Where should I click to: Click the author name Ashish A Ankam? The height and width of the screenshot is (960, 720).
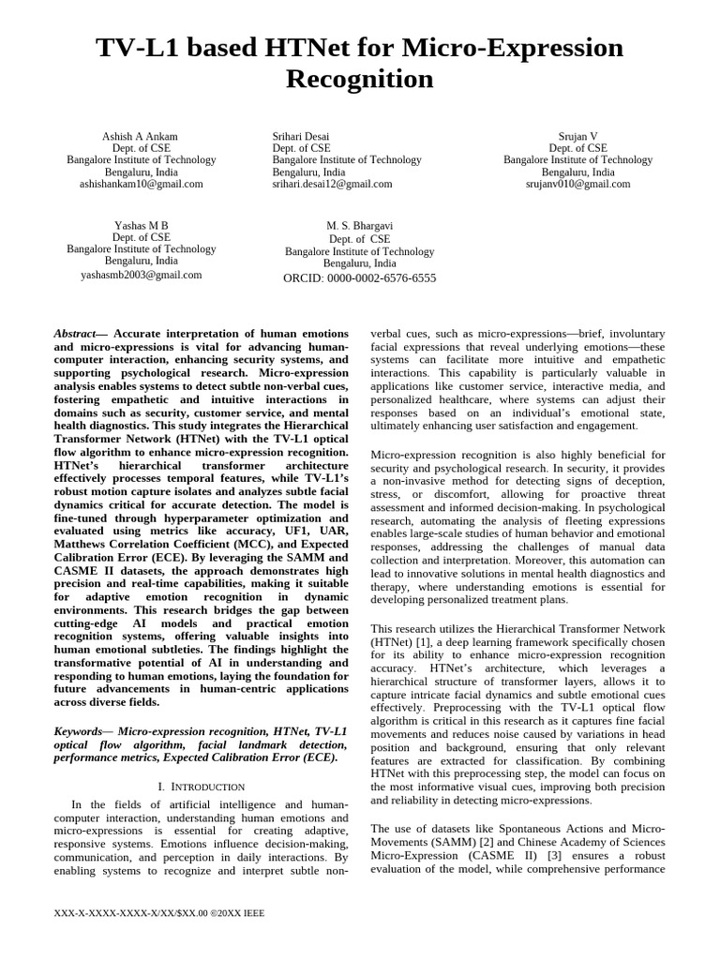[x=141, y=136]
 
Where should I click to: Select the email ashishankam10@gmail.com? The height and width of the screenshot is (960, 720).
[x=141, y=185]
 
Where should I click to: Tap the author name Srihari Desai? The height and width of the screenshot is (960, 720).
[x=301, y=136]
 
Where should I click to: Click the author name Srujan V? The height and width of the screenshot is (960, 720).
[x=577, y=136]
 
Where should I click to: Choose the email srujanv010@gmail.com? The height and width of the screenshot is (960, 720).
[x=577, y=185]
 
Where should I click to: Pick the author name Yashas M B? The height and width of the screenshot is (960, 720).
[x=141, y=226]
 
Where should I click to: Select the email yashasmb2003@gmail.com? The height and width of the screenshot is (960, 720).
[x=141, y=275]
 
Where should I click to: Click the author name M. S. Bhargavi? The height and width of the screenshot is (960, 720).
[x=360, y=227]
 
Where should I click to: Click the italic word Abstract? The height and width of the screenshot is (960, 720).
[x=75, y=334]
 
